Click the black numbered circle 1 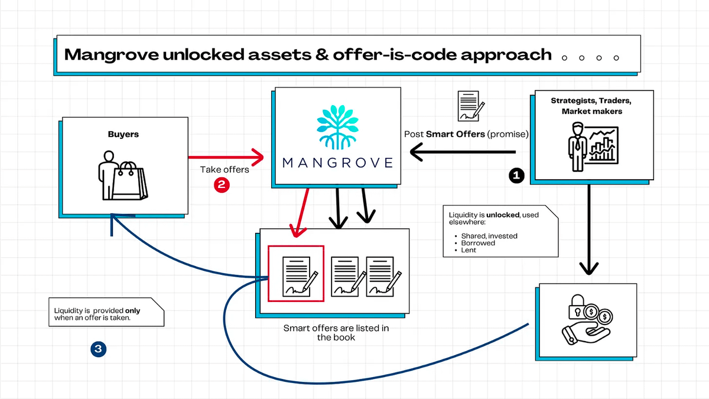click(517, 175)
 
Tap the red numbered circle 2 click(222, 184)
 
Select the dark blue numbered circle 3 click(98, 349)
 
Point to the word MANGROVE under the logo click(338, 163)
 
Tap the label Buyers click(123, 134)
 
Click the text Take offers click(225, 170)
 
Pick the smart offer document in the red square click(295, 273)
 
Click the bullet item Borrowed click(478, 243)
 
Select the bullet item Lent click(469, 250)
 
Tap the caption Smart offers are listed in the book click(336, 333)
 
